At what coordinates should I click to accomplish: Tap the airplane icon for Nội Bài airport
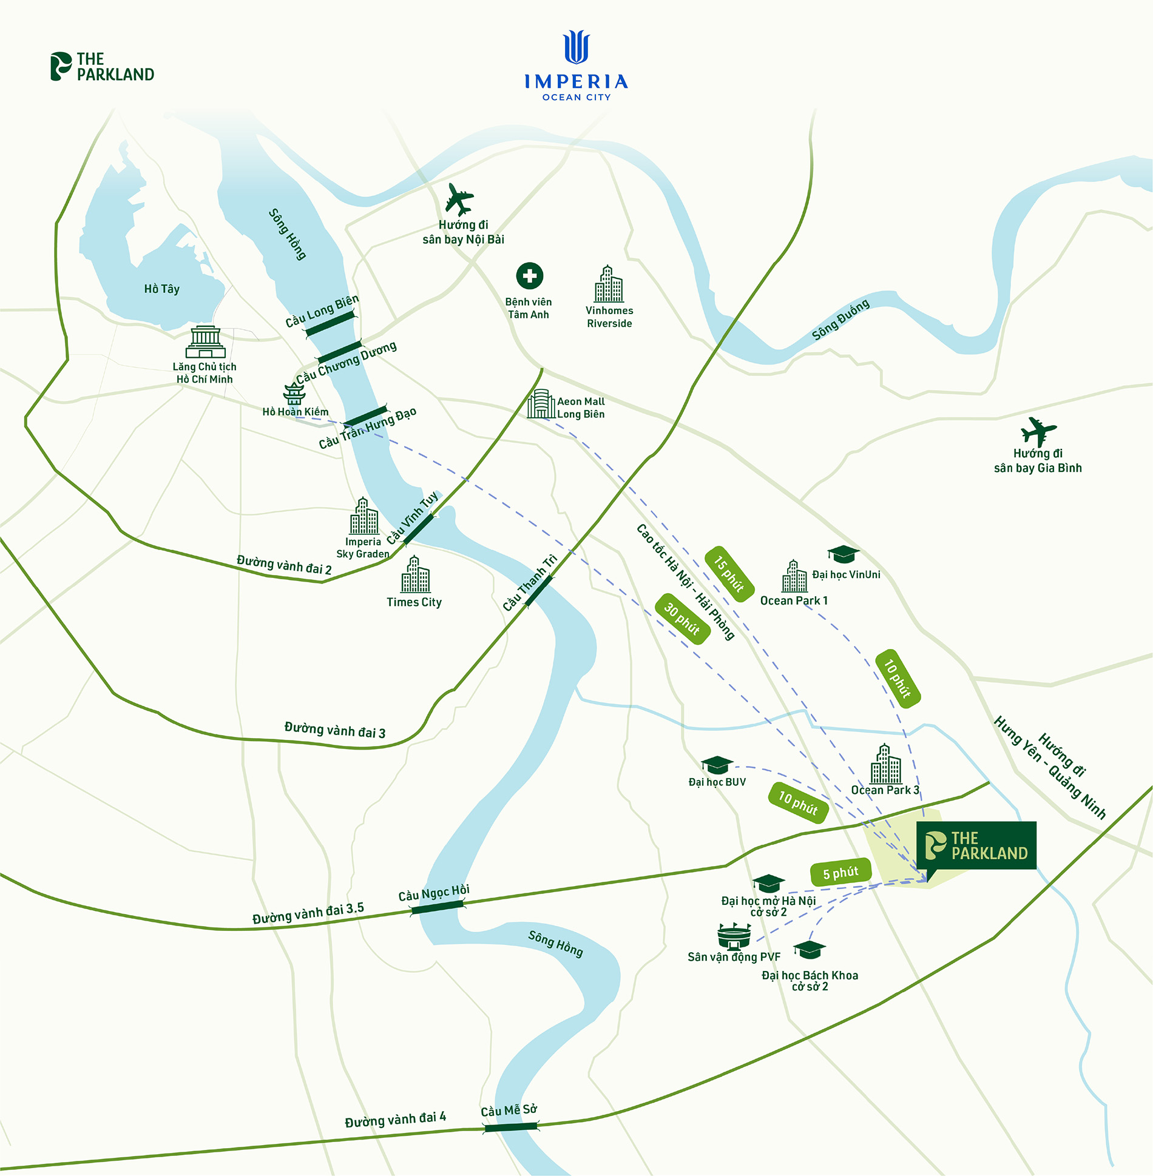tap(459, 199)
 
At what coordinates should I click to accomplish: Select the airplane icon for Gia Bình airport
tap(1038, 431)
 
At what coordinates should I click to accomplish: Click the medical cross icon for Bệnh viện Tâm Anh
tap(529, 276)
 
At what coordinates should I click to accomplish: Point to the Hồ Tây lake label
tap(161, 289)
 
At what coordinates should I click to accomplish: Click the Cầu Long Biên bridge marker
tap(330, 324)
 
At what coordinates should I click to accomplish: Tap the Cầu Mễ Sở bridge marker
tap(510, 1127)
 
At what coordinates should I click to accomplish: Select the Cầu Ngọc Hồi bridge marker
tap(438, 907)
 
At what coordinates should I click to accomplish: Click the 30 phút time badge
tap(683, 619)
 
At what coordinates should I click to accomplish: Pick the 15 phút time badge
tap(729, 574)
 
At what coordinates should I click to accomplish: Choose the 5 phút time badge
tap(840, 873)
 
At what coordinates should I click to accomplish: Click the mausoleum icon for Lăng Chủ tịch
tap(205, 342)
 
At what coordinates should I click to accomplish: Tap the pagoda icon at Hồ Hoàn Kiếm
tap(294, 394)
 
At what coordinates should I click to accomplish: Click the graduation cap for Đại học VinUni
tap(843, 554)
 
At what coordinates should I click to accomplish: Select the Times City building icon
tap(415, 575)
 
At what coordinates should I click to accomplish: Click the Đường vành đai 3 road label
tap(334, 730)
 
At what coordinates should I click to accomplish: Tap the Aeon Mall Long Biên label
tap(581, 408)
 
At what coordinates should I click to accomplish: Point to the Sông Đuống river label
tap(840, 319)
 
